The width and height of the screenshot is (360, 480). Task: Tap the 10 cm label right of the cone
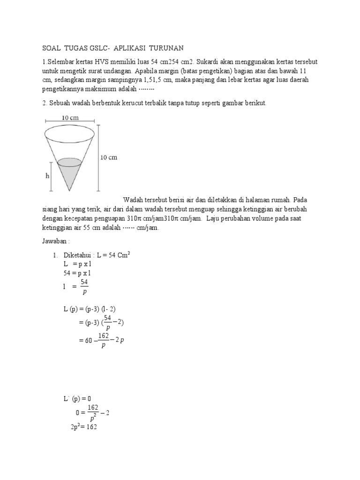click(109, 157)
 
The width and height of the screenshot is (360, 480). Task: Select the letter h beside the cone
click(47, 176)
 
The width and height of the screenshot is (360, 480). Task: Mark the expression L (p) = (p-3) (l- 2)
click(91, 310)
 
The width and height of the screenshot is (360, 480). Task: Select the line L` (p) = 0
click(77, 398)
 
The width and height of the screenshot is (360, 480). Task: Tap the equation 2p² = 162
click(82, 427)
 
